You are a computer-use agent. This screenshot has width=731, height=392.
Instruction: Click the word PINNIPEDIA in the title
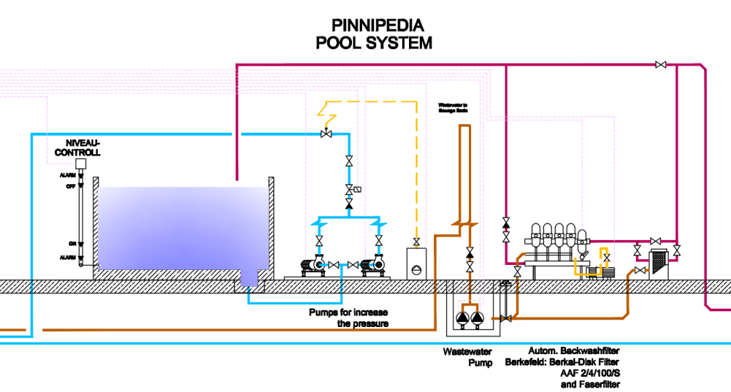[373, 26]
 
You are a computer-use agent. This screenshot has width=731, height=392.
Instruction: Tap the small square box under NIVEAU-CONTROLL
[81, 164]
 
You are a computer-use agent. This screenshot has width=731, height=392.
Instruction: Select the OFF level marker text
[71, 186]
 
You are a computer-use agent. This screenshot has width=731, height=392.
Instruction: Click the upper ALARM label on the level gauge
[68, 175]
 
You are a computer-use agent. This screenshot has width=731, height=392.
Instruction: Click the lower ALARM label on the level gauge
[68, 256]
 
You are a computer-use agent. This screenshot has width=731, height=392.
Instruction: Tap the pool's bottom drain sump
[250, 278]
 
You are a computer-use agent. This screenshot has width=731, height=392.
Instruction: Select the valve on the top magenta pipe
[660, 65]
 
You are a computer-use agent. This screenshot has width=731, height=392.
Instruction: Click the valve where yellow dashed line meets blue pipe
[327, 134]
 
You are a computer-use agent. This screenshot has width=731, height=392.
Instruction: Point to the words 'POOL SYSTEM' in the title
[373, 43]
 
